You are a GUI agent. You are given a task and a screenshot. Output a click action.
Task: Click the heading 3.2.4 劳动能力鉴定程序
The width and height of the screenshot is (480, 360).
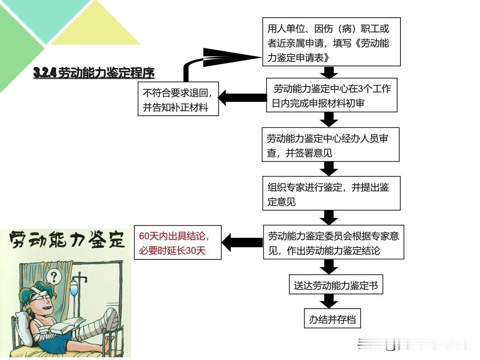click(94, 73)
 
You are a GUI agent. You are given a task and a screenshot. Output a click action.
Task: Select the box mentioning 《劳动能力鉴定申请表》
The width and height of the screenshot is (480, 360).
click(331, 42)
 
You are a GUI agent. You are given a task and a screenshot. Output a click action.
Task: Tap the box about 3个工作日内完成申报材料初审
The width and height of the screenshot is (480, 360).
click(331, 95)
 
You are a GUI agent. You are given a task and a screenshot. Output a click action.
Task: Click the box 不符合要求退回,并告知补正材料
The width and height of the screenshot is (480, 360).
click(178, 99)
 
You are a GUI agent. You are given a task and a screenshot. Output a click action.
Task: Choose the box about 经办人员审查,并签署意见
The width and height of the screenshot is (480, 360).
click(330, 144)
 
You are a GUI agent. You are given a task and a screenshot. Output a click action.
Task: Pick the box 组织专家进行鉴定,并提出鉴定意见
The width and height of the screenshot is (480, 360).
click(331, 193)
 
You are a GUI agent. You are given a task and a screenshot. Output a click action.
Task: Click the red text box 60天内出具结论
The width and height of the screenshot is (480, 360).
click(178, 242)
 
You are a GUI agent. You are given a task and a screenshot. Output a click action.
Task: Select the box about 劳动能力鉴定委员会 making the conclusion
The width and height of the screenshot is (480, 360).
click(333, 242)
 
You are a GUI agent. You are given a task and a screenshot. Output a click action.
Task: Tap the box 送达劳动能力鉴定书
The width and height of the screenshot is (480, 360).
click(336, 284)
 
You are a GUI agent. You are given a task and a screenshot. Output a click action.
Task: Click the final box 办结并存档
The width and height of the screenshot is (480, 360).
click(332, 318)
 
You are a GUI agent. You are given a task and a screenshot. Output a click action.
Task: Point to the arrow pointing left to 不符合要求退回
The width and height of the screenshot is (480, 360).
click(242, 98)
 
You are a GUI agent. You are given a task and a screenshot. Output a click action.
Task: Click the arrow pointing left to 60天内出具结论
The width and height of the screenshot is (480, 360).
click(242, 242)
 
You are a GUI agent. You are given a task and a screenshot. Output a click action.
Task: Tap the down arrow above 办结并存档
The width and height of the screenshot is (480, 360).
click(329, 301)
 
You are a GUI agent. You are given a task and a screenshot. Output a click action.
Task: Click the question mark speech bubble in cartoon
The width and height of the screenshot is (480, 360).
click(54, 277)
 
